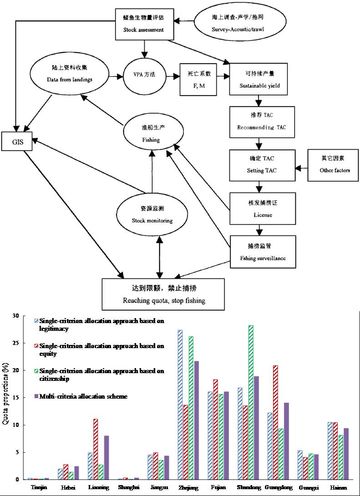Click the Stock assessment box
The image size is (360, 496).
coord(144,25)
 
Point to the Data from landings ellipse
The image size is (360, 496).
coord(70,75)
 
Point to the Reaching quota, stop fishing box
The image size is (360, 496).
coord(164,294)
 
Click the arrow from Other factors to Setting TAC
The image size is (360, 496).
coord(301,168)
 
